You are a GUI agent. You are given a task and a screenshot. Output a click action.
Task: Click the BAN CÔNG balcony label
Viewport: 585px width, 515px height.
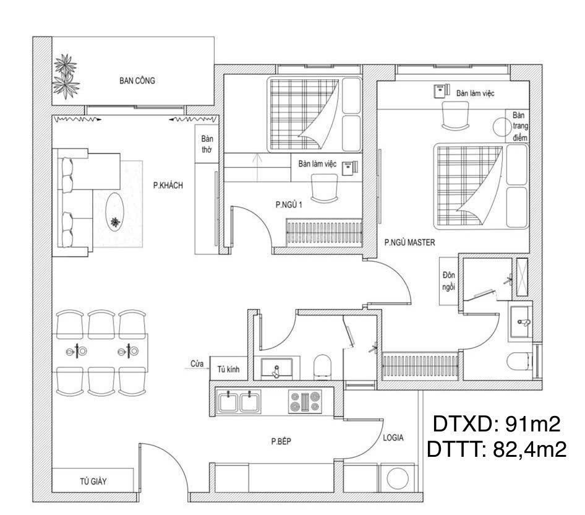point(137,80)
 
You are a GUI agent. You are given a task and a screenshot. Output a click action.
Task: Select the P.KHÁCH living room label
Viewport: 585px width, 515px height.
point(168,185)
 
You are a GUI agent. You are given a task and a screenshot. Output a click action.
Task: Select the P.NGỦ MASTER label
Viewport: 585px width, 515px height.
point(409,243)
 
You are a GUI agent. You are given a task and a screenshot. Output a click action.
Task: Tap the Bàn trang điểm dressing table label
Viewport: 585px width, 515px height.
point(518,126)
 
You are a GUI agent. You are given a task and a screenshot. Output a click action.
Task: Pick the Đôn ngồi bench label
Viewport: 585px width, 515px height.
point(448,280)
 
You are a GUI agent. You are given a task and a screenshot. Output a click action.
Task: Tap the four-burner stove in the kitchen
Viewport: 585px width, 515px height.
point(304,401)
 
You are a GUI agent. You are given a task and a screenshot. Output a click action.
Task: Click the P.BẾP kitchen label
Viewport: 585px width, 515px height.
point(281,441)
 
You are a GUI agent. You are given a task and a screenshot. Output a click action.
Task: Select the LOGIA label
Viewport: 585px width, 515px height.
point(393,438)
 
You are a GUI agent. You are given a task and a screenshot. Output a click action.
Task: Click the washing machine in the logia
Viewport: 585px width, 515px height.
point(398,478)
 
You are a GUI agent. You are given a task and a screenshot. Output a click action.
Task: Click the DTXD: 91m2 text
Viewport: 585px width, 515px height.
point(496,424)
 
